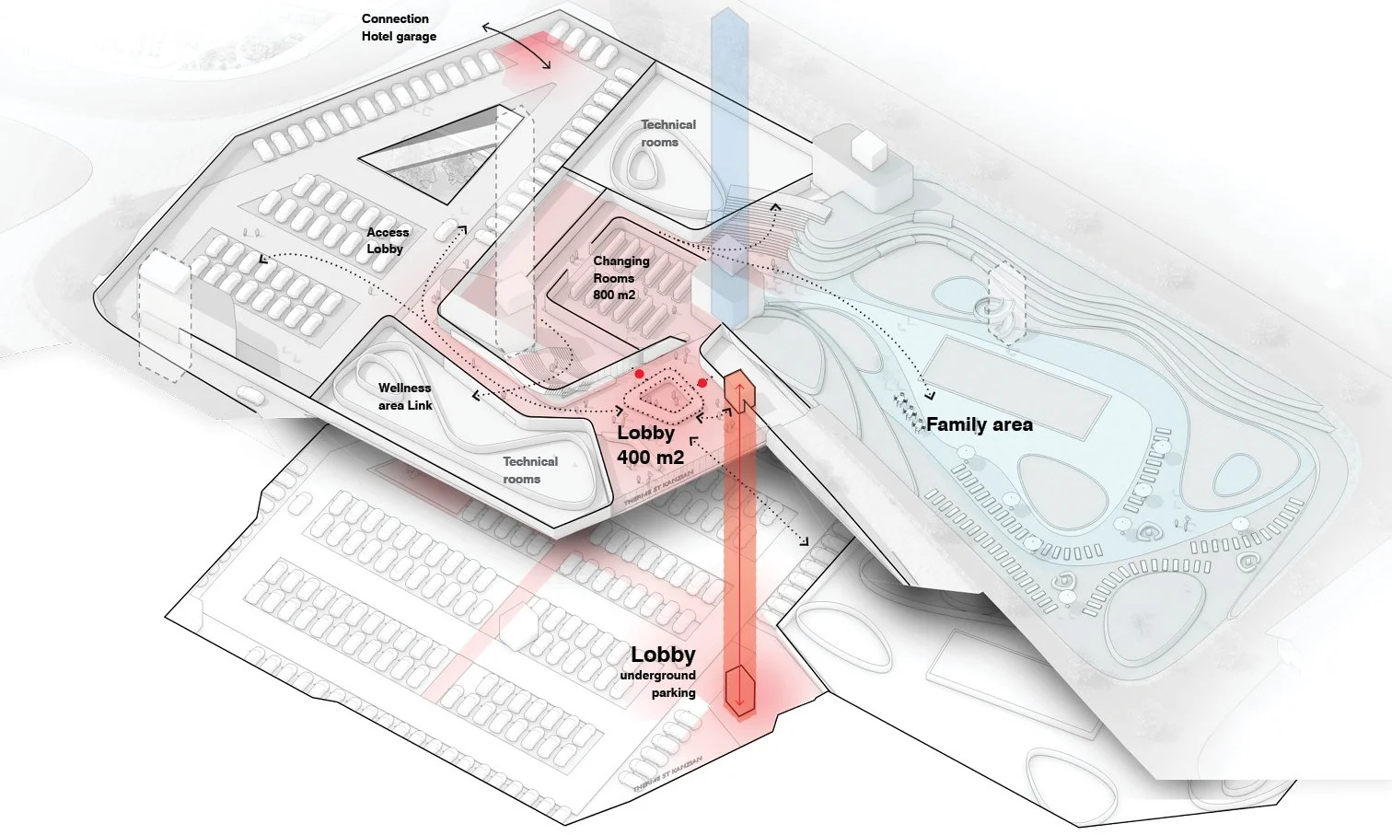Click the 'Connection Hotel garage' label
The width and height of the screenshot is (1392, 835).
[398, 28]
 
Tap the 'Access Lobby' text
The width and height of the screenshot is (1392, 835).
[387, 240]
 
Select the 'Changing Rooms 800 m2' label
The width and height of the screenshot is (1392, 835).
[621, 277]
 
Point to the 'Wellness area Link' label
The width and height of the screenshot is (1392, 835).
[404, 397]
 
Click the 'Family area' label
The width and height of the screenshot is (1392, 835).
[979, 424]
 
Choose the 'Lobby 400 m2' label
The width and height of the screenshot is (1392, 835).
[649, 445]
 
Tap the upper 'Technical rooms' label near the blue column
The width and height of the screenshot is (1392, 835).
[667, 133]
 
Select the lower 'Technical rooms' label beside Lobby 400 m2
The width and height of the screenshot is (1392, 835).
[529, 470]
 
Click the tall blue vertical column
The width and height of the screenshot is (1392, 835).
[730, 138]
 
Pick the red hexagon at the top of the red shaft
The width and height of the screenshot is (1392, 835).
[739, 390]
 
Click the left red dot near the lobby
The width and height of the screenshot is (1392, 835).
[639, 374]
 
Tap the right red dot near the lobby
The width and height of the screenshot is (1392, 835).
[702, 382]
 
